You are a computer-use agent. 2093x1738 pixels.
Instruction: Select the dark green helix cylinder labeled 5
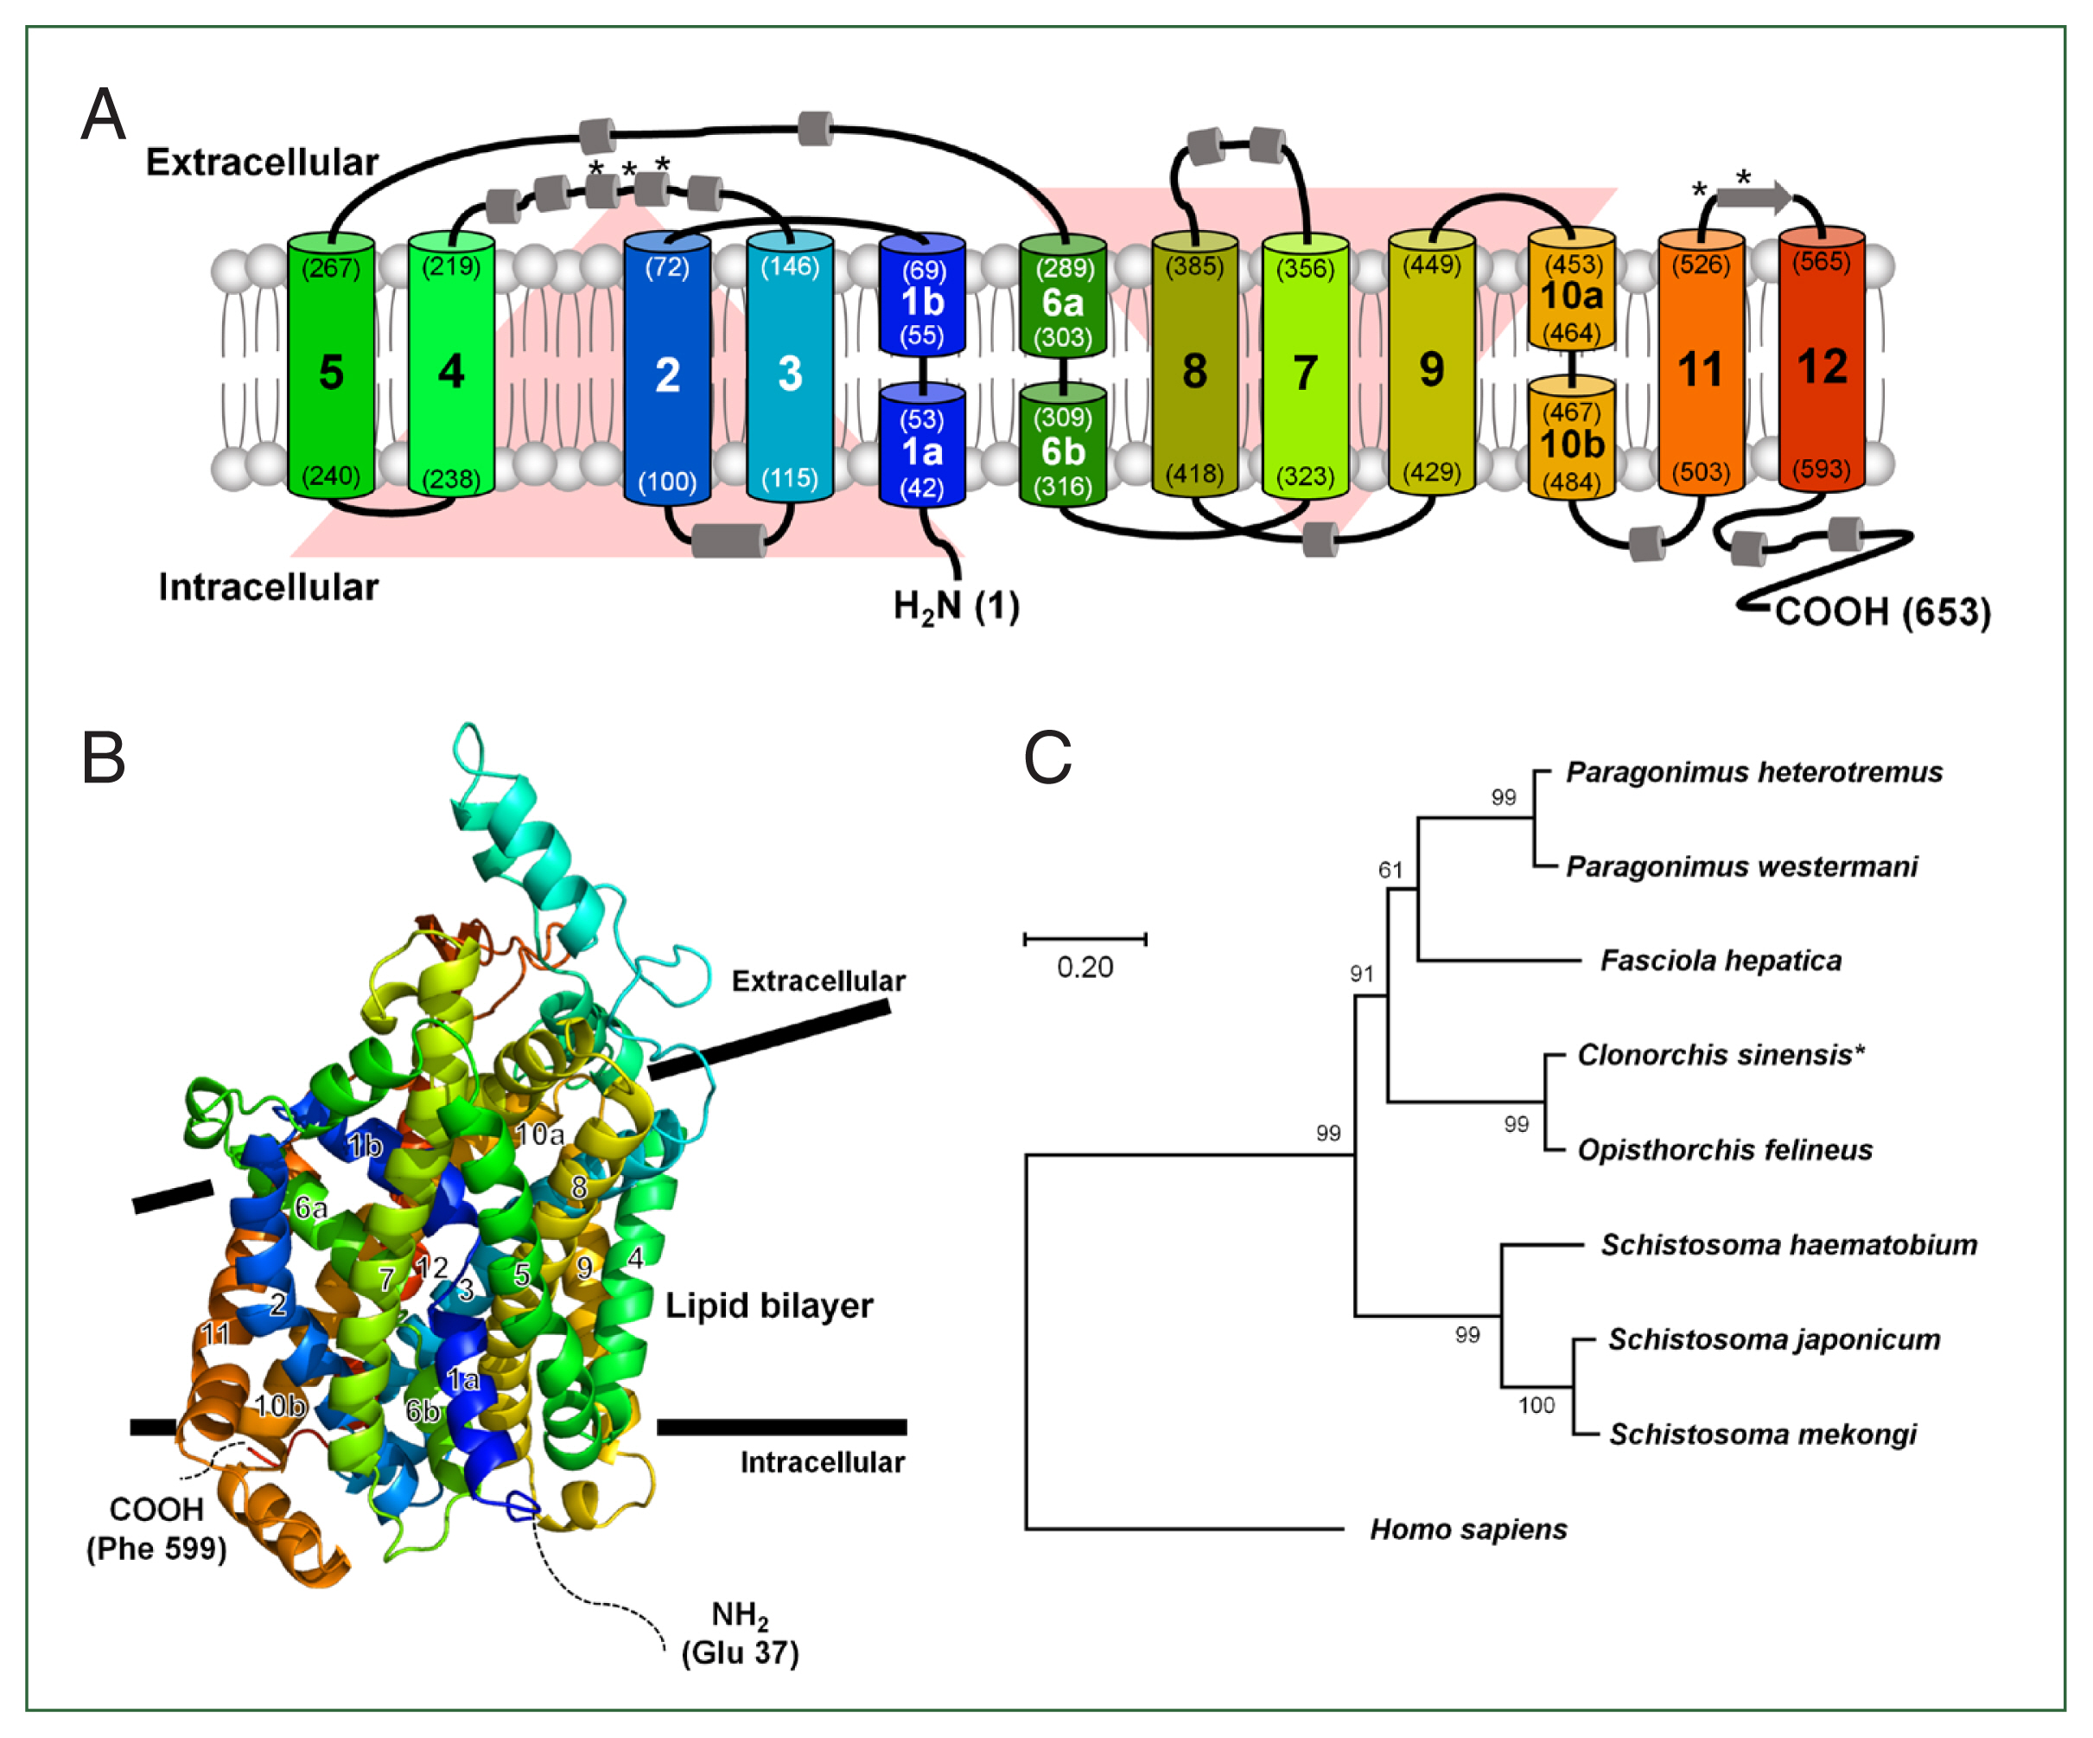pos(331,371)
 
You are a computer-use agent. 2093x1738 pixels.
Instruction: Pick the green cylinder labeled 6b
pos(1062,451)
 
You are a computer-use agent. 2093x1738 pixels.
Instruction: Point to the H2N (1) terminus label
pos(956,606)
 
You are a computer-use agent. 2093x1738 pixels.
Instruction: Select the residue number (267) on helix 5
pos(331,267)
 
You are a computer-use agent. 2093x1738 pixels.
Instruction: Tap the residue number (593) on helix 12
pos(1821,469)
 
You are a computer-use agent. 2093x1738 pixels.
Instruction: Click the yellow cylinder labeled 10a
pos(1572,296)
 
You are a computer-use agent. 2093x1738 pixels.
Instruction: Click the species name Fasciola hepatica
pos(1721,961)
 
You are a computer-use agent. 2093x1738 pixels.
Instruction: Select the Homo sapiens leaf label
pos(1467,1529)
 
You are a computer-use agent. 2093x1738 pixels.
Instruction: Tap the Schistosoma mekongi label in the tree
pos(1762,1434)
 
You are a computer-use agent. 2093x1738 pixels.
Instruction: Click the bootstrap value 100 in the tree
pos(1536,1405)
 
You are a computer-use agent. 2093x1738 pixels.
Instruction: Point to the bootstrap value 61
pos(1390,870)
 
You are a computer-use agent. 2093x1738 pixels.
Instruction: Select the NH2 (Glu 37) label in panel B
pos(740,1633)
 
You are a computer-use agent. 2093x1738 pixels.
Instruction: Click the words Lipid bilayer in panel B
pos(768,1306)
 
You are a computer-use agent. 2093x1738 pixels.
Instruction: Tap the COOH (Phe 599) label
pos(156,1529)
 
